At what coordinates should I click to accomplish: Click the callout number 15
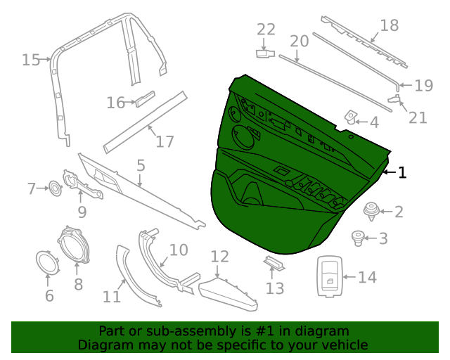coord(31,60)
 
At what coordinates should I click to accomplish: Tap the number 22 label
coord(266,29)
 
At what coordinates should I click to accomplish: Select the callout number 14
coord(367,278)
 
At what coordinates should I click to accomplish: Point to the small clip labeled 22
coord(264,53)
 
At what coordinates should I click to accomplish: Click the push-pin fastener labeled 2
coord(371,210)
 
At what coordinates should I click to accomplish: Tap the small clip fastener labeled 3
coord(359,238)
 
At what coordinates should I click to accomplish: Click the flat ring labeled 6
coord(48,263)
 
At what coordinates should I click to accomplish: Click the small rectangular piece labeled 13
coord(274,264)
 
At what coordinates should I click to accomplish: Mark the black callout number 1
coord(402,172)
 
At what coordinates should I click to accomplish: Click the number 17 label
coord(165,141)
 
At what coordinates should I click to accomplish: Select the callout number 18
coord(389,26)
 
